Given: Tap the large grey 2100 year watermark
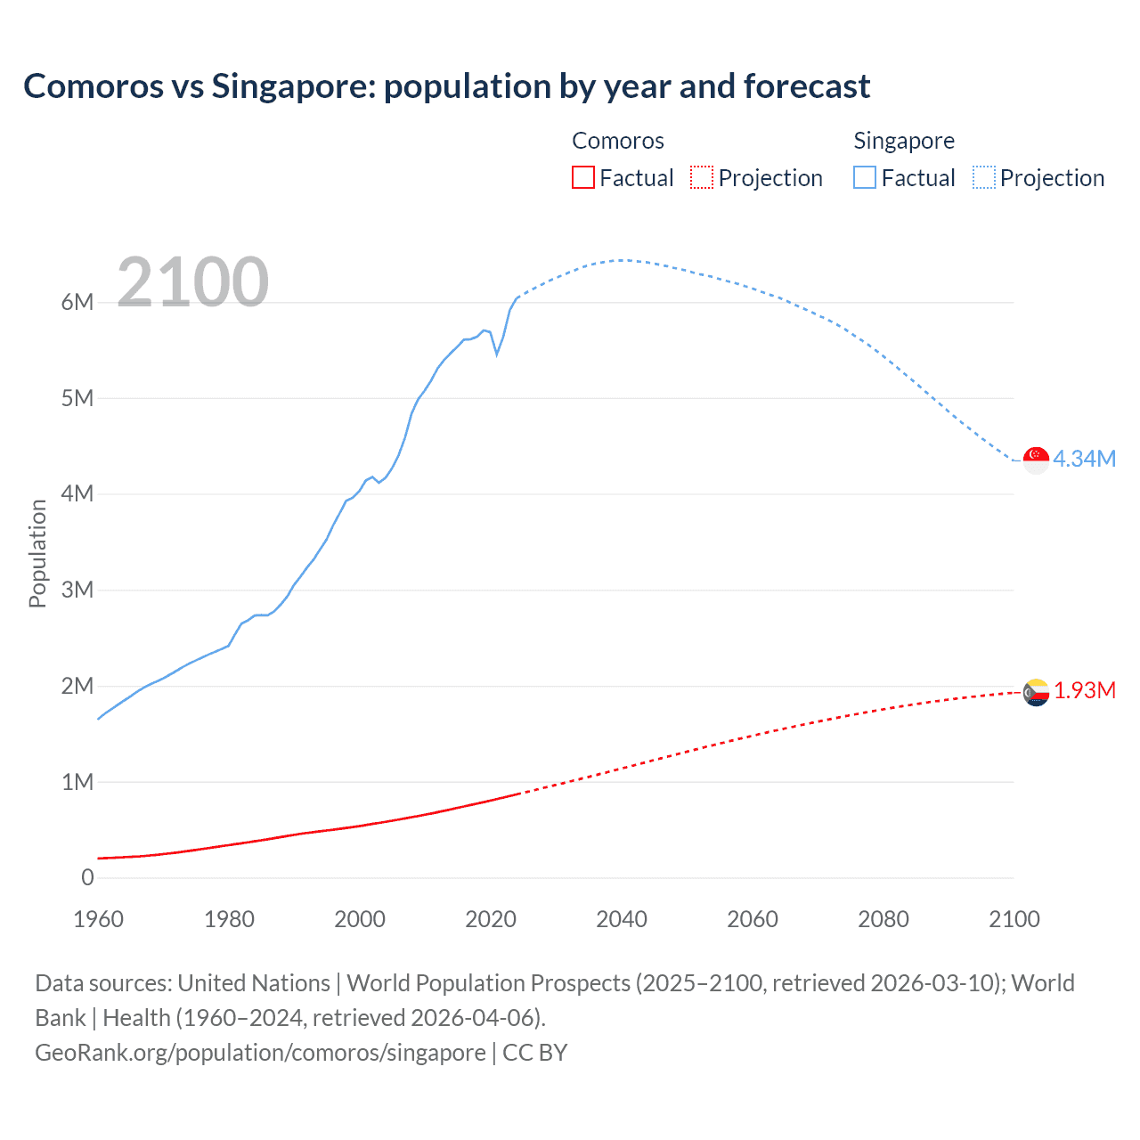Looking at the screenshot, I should (192, 282).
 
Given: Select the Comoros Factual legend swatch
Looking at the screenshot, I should (582, 178).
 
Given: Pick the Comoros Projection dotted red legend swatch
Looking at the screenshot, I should (702, 178).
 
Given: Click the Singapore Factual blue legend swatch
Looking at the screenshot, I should (865, 178).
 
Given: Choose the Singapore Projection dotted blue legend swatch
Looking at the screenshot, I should (984, 178).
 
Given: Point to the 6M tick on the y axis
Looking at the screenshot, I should (77, 302).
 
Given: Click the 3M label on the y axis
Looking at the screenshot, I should (77, 590).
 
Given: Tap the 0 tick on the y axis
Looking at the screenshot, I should (87, 877).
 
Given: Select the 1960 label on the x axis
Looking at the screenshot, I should (98, 919).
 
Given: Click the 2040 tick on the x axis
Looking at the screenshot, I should (622, 919).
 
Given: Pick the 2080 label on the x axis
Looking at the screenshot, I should (883, 919).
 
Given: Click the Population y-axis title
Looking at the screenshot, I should (37, 553).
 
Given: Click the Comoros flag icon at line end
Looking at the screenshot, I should (1036, 692).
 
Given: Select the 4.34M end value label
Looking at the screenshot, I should (1084, 459).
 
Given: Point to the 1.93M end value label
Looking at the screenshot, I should (1085, 691).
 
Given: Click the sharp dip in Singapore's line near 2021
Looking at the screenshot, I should (497, 354).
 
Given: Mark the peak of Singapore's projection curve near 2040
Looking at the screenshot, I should (622, 260).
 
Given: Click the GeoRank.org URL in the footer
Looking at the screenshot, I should (260, 1053).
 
